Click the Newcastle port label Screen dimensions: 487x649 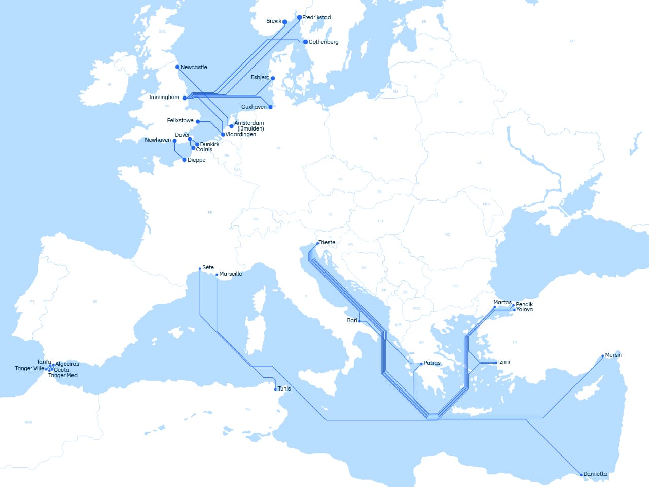click(x=194, y=67)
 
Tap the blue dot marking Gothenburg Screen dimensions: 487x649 click(x=305, y=42)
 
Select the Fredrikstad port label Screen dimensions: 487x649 click(x=316, y=17)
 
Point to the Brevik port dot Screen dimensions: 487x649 click(x=285, y=22)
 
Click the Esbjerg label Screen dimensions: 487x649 click(x=260, y=77)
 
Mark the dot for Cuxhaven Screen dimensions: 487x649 click(x=270, y=107)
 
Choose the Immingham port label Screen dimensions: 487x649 click(x=164, y=97)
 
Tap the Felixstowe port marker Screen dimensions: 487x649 click(x=198, y=122)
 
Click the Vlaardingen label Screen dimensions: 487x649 click(x=241, y=134)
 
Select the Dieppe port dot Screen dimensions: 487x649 click(x=184, y=160)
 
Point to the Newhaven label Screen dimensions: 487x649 click(x=158, y=140)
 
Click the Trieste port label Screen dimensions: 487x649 click(x=327, y=242)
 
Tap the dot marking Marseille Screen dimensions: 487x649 click(x=217, y=275)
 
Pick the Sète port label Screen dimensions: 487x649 click(x=208, y=267)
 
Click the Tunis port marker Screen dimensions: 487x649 click(x=275, y=389)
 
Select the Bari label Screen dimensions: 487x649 click(x=352, y=320)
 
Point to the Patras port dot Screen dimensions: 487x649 click(x=421, y=364)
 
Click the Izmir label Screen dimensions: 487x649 click(x=504, y=362)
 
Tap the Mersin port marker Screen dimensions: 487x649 click(x=603, y=356)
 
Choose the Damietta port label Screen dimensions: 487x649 click(x=595, y=474)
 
